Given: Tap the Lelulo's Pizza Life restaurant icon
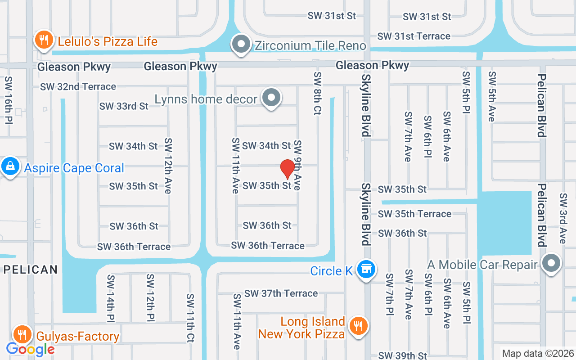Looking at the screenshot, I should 44,40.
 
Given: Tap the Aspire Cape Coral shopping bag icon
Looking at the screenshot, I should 10,167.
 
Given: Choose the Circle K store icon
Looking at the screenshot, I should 366,269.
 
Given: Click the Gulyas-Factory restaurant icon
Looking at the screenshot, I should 21,334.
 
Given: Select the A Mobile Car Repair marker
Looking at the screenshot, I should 551,263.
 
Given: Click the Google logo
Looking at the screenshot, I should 31,349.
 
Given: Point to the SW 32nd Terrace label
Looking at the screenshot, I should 78,86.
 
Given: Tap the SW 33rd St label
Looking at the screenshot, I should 124,106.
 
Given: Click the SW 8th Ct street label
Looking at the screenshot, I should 318,93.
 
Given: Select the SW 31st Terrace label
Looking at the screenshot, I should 414,36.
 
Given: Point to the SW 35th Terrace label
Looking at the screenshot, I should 414,214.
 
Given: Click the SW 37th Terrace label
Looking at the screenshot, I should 281,293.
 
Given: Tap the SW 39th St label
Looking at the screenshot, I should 402,355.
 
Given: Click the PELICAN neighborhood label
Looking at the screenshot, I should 31,270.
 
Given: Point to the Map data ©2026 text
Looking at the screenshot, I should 538,353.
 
